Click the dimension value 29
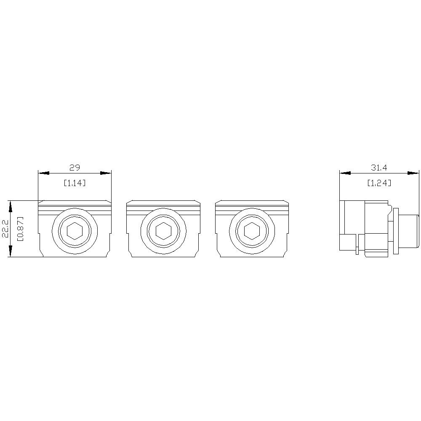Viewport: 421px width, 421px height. click(x=75, y=168)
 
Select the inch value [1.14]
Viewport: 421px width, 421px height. click(x=75, y=183)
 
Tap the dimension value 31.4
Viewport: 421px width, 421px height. click(x=379, y=168)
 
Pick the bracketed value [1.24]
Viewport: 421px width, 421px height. click(x=379, y=183)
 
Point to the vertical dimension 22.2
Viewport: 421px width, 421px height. click(x=6, y=229)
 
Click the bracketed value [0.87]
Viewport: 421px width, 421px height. click(x=20, y=229)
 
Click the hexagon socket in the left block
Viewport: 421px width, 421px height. click(x=75, y=231)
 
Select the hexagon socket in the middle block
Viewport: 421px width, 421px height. click(x=163, y=231)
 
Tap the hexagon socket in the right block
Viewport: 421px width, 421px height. click(x=252, y=231)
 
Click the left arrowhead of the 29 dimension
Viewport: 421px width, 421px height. click(x=43, y=173)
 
